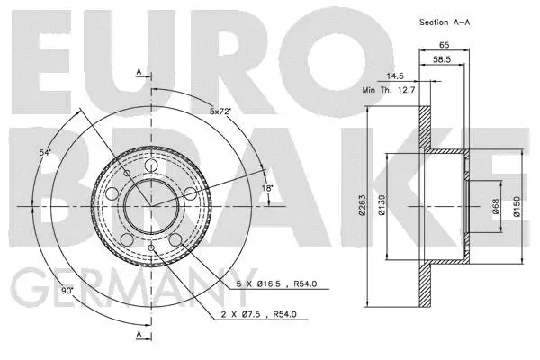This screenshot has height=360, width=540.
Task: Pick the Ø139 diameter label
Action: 382,209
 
